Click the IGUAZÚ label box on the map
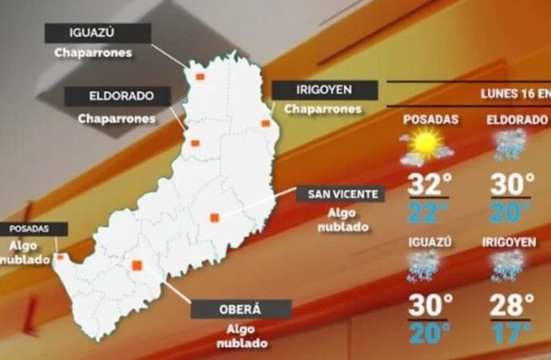pos(98,33)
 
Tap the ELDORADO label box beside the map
pos(118,96)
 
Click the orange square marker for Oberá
pos(136,265)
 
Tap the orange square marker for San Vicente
pos(214,218)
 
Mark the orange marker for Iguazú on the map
pos(200,76)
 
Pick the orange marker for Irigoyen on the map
pos(265,123)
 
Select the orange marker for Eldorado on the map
pos(195,143)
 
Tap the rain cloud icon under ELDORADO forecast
pos(510,144)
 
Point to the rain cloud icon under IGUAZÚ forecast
pos(423,265)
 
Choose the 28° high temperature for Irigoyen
pos(512,306)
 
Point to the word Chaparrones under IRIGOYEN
pos(322,109)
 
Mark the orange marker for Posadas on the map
pos(60,257)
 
